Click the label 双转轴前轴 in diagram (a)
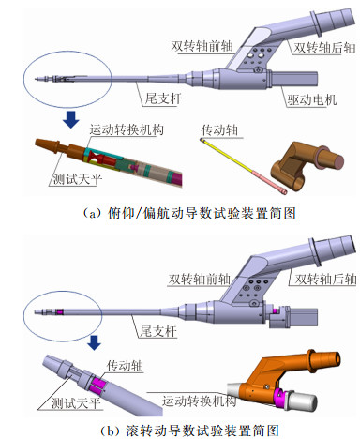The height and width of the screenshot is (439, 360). point(202,47)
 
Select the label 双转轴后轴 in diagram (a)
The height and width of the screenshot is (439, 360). point(324,48)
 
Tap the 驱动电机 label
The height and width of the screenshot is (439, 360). point(312,99)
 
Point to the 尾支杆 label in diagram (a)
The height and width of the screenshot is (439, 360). point(163,98)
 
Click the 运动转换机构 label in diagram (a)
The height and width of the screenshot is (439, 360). point(127,129)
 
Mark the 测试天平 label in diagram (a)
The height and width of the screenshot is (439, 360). point(77,179)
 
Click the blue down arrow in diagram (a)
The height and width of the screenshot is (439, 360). point(71,119)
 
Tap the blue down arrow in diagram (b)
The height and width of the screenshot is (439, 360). point(94,342)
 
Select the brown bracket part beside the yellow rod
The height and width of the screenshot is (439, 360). point(307,166)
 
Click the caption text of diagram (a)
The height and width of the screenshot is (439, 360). point(189,214)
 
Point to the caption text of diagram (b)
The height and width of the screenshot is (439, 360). point(189,431)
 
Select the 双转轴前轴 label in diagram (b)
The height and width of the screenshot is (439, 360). point(199,279)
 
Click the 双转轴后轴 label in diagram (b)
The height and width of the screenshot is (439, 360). point(325,279)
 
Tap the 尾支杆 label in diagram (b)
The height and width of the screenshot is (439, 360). point(158,331)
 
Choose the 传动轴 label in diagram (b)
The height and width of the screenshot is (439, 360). point(125,365)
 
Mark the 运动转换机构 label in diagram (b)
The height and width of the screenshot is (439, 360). point(199,401)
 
